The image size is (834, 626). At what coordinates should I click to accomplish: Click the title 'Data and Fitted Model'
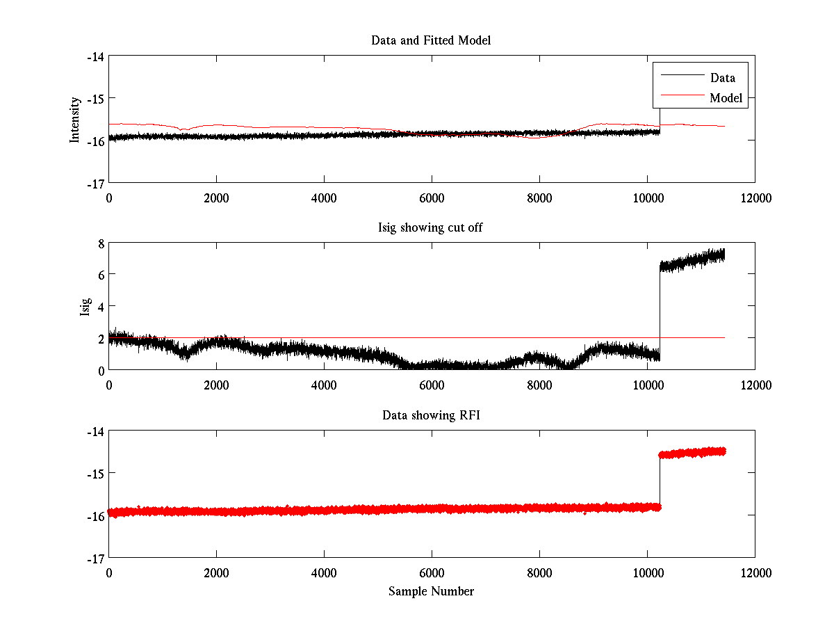(x=431, y=40)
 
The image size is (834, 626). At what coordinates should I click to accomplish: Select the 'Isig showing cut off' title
(x=431, y=228)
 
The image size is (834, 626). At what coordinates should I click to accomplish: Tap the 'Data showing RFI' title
(x=431, y=415)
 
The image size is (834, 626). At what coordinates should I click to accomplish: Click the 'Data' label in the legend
(x=722, y=77)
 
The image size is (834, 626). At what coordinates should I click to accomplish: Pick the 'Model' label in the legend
(x=726, y=98)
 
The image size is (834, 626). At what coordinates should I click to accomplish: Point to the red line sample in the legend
(x=681, y=96)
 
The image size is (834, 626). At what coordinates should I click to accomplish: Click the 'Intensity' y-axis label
(x=75, y=120)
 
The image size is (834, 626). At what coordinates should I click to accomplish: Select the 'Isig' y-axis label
(x=85, y=306)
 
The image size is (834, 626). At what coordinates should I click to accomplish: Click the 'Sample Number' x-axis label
(x=431, y=591)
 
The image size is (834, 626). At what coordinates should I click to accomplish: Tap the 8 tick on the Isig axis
(x=101, y=243)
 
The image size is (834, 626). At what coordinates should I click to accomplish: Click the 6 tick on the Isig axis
(x=101, y=275)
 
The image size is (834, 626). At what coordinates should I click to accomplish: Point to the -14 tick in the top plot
(x=96, y=56)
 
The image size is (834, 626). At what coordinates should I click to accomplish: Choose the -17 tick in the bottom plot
(x=96, y=558)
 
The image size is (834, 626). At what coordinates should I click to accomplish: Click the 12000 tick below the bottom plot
(x=755, y=572)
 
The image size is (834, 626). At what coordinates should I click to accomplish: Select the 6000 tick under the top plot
(x=432, y=198)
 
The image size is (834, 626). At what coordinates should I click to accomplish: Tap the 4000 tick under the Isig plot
(x=324, y=385)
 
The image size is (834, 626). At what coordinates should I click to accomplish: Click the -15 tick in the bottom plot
(x=96, y=473)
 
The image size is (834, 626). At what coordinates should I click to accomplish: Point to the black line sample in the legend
(x=681, y=75)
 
